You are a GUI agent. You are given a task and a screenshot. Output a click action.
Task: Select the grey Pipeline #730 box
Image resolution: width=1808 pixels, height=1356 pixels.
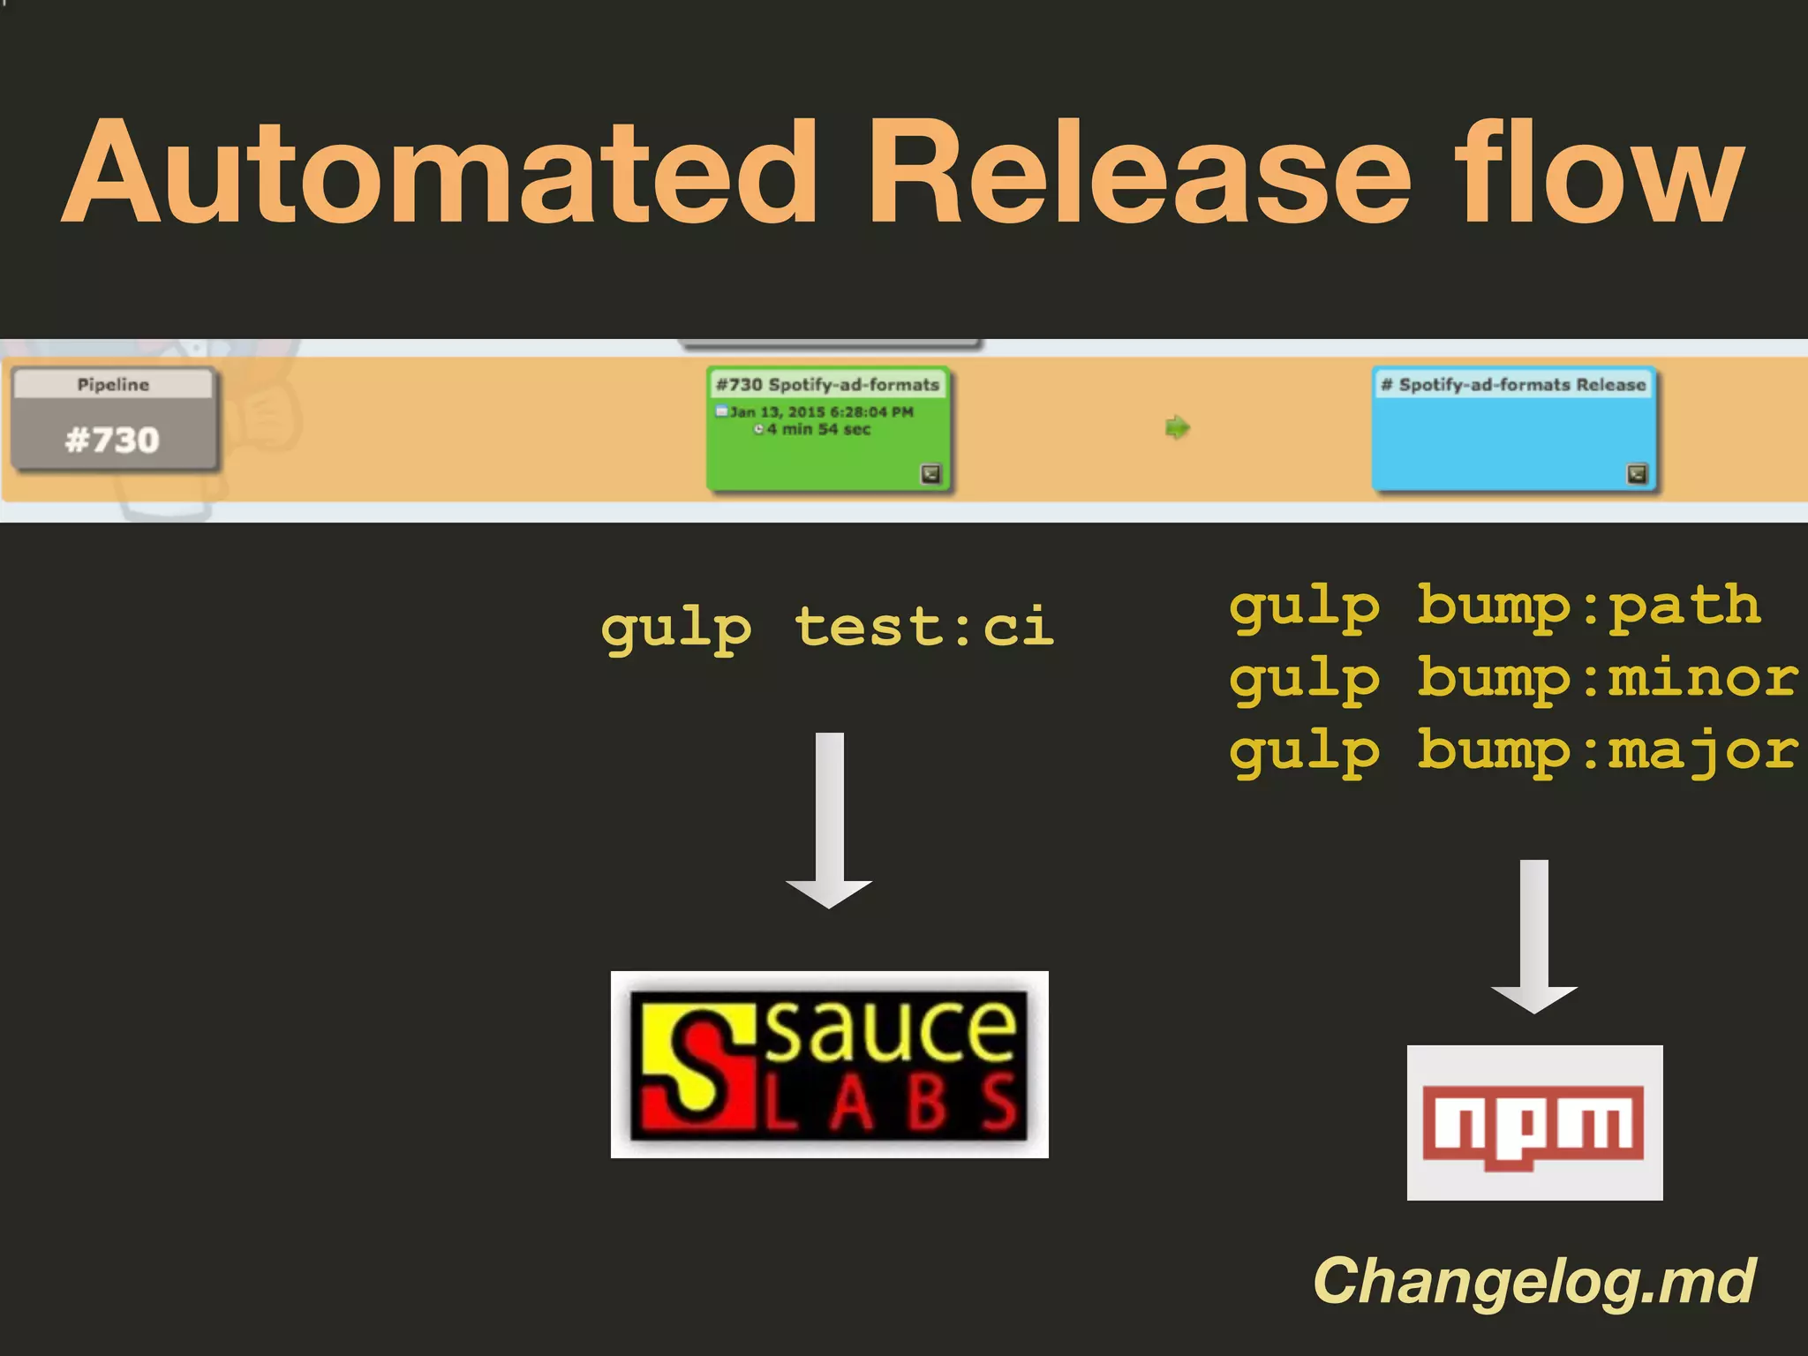click(113, 419)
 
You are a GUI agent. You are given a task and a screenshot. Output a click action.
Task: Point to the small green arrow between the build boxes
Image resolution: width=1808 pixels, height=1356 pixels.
click(1177, 428)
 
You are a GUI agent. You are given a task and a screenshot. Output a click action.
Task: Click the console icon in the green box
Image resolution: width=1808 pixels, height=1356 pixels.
click(930, 474)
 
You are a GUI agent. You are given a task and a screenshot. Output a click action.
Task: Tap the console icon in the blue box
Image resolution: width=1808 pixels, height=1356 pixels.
click(1637, 474)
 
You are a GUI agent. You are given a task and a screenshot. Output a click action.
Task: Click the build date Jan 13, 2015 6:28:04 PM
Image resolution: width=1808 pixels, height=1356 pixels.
click(821, 411)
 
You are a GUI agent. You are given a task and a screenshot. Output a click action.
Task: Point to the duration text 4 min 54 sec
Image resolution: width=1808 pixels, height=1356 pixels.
click(818, 429)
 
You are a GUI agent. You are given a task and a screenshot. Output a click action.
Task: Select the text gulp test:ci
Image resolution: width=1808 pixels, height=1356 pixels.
click(827, 628)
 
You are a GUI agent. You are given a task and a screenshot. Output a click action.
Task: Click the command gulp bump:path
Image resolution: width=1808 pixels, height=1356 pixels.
click(1495, 606)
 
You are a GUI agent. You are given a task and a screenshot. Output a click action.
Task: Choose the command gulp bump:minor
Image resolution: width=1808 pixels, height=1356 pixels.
click(1513, 679)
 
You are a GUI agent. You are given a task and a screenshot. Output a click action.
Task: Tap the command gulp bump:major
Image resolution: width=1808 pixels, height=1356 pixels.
click(1513, 751)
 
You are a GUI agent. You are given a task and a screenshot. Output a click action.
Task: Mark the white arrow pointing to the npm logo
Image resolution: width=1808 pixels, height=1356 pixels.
click(1534, 936)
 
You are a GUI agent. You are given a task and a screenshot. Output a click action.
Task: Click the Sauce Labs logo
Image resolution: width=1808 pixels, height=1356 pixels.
click(829, 1064)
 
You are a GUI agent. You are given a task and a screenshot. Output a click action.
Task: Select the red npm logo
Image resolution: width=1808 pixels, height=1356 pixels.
click(1534, 1123)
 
